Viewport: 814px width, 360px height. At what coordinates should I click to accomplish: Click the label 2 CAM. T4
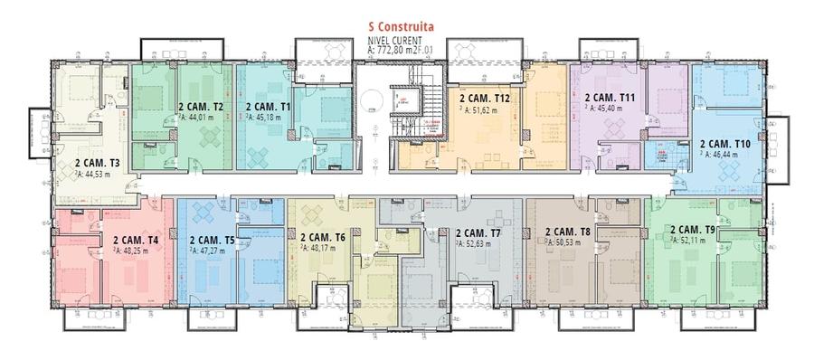pyautogui.click(x=136, y=241)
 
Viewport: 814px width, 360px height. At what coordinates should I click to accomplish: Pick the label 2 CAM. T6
pyautogui.click(x=324, y=237)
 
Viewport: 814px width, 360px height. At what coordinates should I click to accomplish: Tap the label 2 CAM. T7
pyautogui.click(x=478, y=232)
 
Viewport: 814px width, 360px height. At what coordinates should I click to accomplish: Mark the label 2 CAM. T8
pyautogui.click(x=568, y=232)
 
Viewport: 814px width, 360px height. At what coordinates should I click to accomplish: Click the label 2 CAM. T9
pyautogui.click(x=692, y=230)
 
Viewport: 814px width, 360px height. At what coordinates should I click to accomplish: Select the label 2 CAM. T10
pyautogui.click(x=725, y=144)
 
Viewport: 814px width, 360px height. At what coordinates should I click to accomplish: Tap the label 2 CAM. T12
pyautogui.click(x=486, y=97)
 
